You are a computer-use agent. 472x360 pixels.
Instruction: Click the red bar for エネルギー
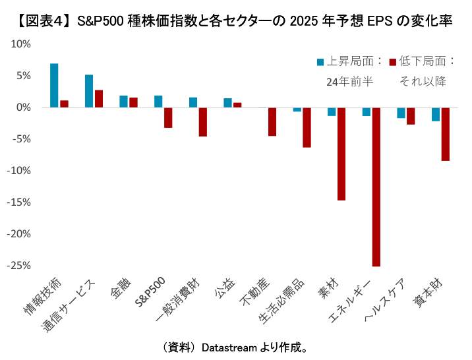(x=376, y=187)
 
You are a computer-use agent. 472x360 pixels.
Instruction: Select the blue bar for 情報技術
(x=54, y=85)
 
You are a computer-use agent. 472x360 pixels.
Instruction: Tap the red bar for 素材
(x=341, y=153)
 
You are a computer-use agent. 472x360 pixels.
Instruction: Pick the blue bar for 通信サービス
(x=89, y=91)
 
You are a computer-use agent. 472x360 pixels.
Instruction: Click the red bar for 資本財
(x=446, y=134)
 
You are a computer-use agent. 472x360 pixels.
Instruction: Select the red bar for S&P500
(x=168, y=117)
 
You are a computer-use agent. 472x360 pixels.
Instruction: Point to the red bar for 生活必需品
(x=307, y=127)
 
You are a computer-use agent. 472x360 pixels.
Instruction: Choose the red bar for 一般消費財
(x=203, y=121)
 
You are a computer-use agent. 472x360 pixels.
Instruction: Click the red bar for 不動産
(x=272, y=121)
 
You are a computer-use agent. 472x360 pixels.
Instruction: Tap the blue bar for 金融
(x=123, y=101)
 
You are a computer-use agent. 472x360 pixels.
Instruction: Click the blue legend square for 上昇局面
(x=320, y=61)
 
